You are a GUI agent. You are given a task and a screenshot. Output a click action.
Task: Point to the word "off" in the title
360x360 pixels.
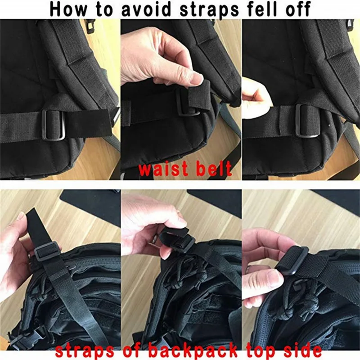click(x=298, y=9)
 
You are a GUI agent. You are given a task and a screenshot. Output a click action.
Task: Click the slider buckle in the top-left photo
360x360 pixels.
click(x=54, y=124)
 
